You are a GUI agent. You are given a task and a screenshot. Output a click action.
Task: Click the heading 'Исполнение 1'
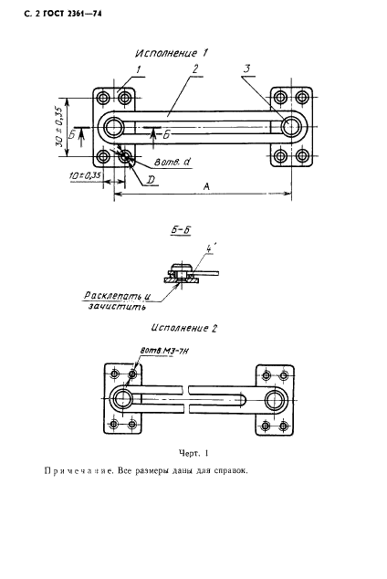(x=172, y=53)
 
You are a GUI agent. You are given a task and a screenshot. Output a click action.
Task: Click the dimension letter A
(x=206, y=184)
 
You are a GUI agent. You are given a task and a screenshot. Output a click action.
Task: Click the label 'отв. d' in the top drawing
(x=169, y=162)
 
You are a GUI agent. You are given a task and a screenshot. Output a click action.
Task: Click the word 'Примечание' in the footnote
(x=78, y=472)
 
